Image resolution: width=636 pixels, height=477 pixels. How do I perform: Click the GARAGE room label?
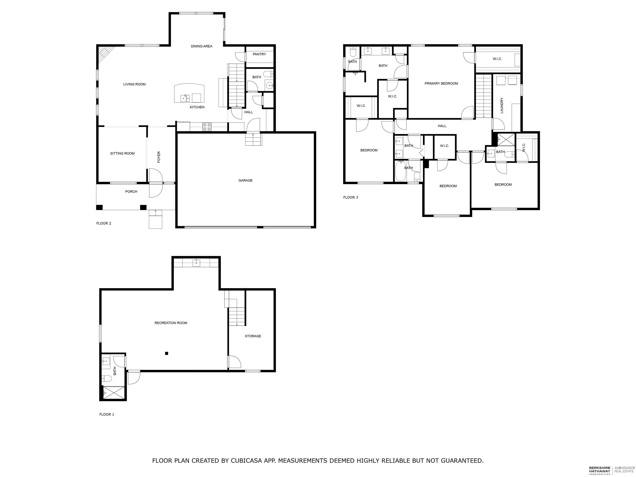click(x=245, y=181)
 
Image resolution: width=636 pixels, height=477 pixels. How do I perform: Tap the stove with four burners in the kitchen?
click(x=207, y=127)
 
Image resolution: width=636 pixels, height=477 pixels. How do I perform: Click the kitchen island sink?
click(x=185, y=98)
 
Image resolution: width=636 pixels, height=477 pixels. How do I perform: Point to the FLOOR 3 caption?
click(x=351, y=198)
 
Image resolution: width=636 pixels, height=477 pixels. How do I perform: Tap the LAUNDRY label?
click(x=502, y=106)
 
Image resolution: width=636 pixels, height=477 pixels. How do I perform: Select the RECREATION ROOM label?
click(x=171, y=323)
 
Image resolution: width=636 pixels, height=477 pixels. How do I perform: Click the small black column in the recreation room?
click(x=166, y=353)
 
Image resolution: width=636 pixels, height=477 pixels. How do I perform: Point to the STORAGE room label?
click(x=253, y=336)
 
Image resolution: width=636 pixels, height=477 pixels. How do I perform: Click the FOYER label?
click(x=159, y=157)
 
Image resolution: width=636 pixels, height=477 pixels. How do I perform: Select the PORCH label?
click(x=131, y=192)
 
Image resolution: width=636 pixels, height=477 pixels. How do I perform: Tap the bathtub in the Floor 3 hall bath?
click(x=400, y=172)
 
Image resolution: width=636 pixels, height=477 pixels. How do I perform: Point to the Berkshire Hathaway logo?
click(x=600, y=471)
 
